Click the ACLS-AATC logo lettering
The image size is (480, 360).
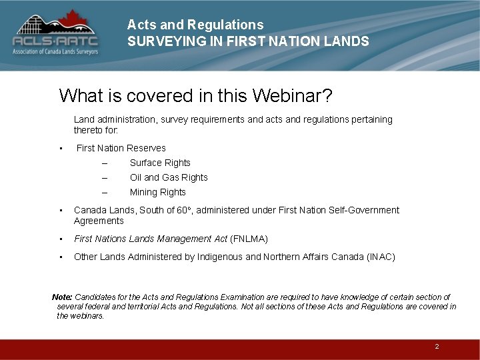point(55,41)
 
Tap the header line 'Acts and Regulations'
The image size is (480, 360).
point(195,25)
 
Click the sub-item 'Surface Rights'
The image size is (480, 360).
point(160,163)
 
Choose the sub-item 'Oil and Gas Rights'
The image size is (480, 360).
point(169,177)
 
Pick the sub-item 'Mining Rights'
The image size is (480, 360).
point(158,192)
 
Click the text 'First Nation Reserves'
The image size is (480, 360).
point(121,148)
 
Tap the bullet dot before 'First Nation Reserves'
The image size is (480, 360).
point(61,148)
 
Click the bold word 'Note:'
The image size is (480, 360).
point(63,297)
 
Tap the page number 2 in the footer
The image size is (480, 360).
point(437,347)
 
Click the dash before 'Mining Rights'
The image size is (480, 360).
point(104,192)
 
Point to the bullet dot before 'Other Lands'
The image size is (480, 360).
point(61,257)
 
